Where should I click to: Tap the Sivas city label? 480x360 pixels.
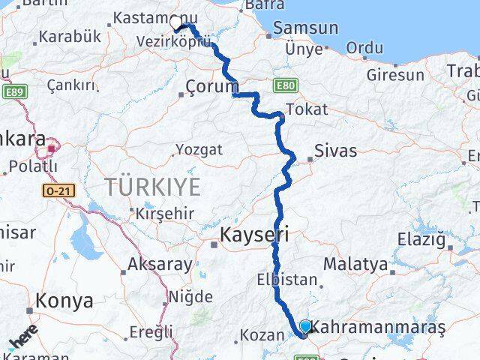click(x=336, y=151)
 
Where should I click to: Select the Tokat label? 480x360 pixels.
click(x=306, y=109)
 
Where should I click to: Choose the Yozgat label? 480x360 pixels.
click(x=199, y=149)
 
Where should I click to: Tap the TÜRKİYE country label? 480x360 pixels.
click(x=152, y=185)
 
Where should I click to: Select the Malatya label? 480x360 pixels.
click(x=355, y=264)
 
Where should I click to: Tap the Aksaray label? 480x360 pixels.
click(x=160, y=264)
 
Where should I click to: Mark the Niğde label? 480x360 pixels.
click(x=190, y=296)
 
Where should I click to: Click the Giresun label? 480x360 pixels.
click(x=395, y=75)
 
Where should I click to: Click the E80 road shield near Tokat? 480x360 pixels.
click(x=285, y=85)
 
